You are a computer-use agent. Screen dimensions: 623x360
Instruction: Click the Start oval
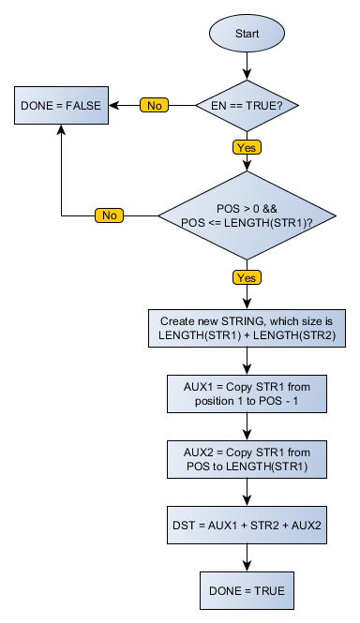247,34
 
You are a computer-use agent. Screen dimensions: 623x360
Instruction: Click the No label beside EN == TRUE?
155,105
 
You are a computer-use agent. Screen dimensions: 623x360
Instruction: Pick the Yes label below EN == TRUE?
247,147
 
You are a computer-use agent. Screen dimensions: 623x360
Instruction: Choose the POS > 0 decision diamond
247,215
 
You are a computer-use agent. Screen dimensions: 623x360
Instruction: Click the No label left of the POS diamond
110,215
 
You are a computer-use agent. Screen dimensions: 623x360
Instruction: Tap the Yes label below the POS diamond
247,277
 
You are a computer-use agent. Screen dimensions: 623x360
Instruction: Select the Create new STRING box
247,327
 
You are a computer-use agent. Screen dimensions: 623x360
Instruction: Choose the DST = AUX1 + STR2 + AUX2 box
247,526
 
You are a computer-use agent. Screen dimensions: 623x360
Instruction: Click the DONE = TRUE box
247,591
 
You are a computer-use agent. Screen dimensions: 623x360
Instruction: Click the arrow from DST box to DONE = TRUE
247,558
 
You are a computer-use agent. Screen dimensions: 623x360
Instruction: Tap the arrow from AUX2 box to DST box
247,494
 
